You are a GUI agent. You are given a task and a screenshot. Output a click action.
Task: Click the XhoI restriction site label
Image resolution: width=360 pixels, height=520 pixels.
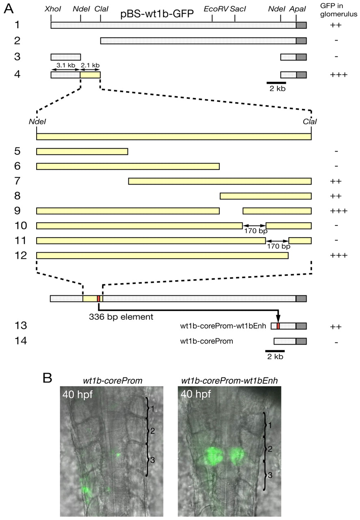point(53,9)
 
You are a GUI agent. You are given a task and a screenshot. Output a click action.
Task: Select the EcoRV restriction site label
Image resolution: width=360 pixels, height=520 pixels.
point(216,9)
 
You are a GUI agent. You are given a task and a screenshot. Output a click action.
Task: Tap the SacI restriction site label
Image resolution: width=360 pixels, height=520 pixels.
point(238,9)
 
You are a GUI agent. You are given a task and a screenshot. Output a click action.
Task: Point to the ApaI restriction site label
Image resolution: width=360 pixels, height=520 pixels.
point(297,9)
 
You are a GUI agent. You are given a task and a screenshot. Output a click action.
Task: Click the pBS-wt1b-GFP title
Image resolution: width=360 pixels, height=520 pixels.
point(157,14)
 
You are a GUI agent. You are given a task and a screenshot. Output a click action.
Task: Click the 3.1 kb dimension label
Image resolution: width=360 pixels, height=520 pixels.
point(66,65)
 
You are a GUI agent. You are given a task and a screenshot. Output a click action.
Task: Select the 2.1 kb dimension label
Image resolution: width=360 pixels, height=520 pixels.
point(90,65)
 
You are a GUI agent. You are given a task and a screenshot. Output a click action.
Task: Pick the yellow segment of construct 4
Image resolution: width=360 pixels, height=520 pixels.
point(90,75)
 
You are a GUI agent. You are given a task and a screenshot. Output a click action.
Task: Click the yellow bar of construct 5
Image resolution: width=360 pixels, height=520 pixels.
point(82,152)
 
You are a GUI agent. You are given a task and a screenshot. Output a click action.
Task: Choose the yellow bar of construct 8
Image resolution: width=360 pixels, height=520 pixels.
point(266,196)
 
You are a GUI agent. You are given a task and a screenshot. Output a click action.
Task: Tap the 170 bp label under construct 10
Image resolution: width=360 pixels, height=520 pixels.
point(256,231)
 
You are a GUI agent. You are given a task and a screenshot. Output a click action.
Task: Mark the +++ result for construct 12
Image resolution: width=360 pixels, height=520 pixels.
point(338,256)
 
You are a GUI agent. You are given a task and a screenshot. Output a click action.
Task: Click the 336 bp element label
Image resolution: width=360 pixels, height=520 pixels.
point(121,316)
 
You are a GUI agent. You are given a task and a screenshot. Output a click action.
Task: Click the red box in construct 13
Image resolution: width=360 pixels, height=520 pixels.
point(278,326)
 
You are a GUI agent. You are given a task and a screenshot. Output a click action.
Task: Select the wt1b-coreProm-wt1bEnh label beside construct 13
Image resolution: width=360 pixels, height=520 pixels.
point(223,326)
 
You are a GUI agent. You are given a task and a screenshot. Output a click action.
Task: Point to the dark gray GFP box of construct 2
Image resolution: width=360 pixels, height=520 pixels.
point(301,41)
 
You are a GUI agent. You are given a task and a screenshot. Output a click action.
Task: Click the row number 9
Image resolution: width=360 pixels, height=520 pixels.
point(17,211)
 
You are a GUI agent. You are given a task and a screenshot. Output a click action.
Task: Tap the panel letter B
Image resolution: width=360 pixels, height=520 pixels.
point(48,378)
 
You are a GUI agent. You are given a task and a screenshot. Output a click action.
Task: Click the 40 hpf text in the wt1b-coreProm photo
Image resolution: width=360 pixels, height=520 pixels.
point(78,394)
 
